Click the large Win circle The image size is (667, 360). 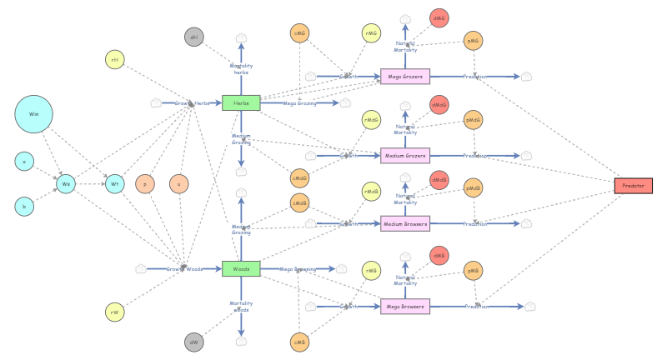click(x=33, y=114)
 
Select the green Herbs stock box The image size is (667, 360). click(x=241, y=102)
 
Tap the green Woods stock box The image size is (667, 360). click(x=241, y=268)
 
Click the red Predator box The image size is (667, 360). click(x=633, y=185)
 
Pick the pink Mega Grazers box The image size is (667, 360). click(x=404, y=77)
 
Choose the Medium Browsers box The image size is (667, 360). click(x=404, y=223)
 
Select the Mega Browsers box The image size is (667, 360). click(x=404, y=306)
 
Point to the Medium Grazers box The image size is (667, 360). click(x=404, y=155)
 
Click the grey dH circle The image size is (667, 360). click(x=193, y=37)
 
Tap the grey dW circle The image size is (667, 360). click(x=193, y=342)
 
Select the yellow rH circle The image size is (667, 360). click(x=114, y=59)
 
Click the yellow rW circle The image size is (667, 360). click(x=114, y=312)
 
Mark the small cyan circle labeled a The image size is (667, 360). click(x=24, y=161)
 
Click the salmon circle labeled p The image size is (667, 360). click(x=145, y=183)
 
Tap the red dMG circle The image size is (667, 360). click(x=439, y=17)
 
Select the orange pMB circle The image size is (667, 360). click(x=473, y=270)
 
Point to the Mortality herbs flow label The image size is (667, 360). click(x=241, y=69)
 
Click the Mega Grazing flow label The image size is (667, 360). click(x=300, y=103)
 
